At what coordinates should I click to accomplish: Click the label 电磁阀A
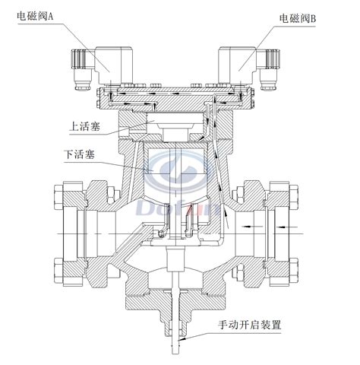[35, 16]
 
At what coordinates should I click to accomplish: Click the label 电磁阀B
[298, 18]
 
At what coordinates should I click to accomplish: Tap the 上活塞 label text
[85, 126]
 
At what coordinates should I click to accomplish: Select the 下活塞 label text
[80, 154]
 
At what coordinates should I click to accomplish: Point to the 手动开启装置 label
[250, 325]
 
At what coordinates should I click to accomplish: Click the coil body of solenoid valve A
[114, 65]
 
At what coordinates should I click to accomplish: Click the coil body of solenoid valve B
[238, 65]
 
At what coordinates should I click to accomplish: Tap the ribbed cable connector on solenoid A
[81, 59]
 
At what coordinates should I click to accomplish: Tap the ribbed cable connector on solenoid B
[271, 59]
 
